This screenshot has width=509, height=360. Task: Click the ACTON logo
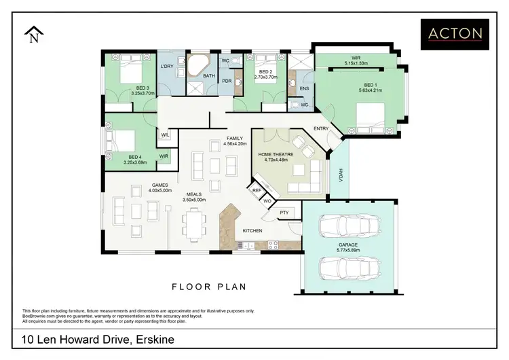(455, 34)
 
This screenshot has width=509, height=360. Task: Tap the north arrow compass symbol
(34, 35)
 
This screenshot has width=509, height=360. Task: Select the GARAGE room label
(348, 245)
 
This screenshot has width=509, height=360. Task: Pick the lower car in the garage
(350, 268)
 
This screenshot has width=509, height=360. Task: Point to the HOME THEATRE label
(276, 154)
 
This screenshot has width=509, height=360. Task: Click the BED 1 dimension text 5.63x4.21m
(371, 90)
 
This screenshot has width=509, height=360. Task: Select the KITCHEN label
(252, 231)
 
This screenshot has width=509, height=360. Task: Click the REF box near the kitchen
(257, 190)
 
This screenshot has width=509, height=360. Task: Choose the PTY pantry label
(284, 213)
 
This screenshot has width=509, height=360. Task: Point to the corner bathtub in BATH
(198, 66)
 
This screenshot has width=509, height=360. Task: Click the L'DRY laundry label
(167, 67)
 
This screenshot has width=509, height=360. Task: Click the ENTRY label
(321, 128)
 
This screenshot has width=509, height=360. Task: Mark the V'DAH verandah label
(341, 175)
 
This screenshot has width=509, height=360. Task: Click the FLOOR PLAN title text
(209, 287)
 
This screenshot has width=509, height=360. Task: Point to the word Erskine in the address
(155, 340)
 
